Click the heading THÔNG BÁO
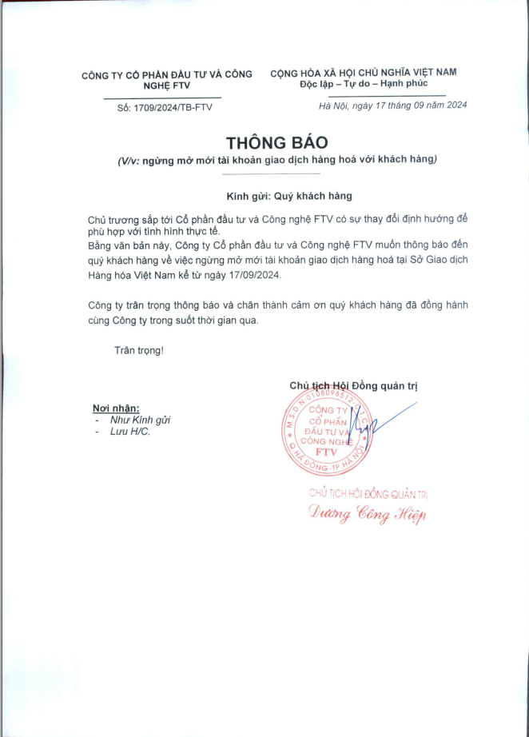(276, 142)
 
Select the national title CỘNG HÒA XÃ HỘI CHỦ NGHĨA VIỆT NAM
(364, 72)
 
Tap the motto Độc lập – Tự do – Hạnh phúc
(364, 83)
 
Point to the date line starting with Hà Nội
(392, 106)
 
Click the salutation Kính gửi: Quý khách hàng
(277, 195)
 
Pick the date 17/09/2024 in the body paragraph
(254, 274)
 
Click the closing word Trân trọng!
(138, 350)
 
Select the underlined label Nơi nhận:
(116, 408)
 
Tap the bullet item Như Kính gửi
(141, 420)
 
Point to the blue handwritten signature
(376, 425)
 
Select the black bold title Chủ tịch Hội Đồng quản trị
(353, 386)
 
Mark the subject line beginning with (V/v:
(276, 160)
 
